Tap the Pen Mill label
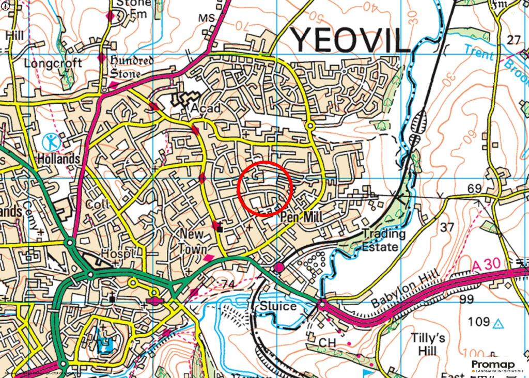[300, 218]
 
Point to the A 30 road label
[486, 265]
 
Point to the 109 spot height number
[478, 322]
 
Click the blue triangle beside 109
[498, 324]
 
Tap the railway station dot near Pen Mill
[279, 267]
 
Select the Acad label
[205, 108]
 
